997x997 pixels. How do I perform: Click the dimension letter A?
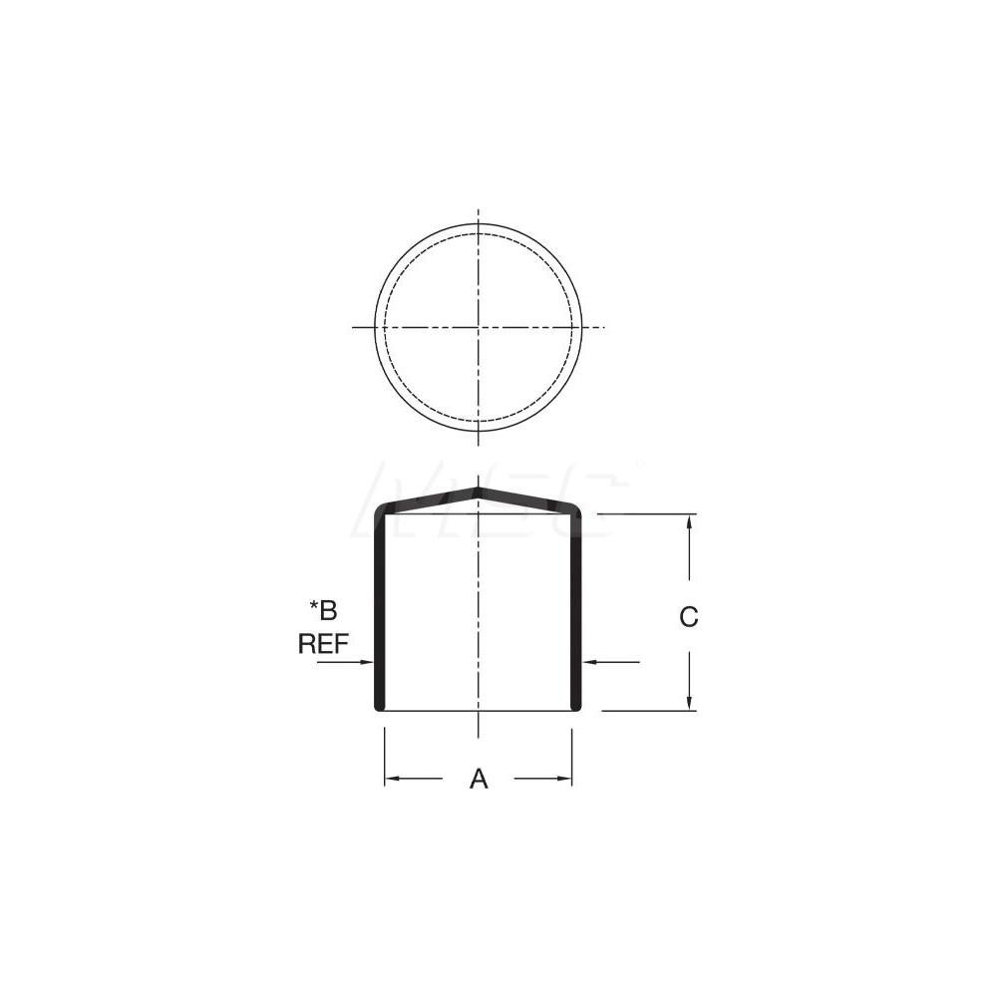coord(479,779)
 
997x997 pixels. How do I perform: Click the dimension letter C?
coord(689,617)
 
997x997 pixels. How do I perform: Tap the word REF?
coord(323,643)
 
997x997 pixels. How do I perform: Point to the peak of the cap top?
coord(479,490)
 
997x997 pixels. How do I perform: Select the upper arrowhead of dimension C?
coord(690,521)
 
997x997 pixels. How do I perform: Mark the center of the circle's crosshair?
coord(479,327)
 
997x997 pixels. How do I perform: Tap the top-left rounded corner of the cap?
coord(381,511)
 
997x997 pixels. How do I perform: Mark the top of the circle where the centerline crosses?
coord(479,223)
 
